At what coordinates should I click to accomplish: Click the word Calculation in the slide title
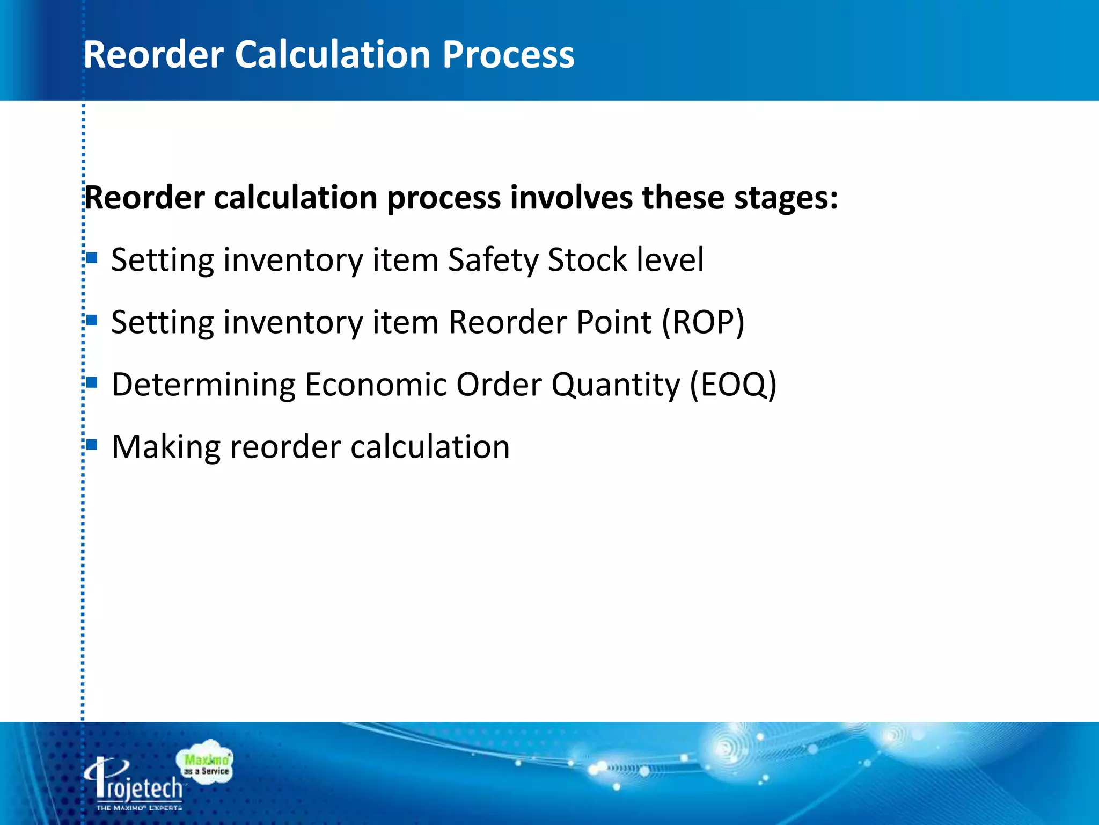[x=333, y=55]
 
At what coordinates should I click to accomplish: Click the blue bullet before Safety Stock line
[x=92, y=258]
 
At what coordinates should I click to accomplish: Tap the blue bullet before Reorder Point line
[x=92, y=321]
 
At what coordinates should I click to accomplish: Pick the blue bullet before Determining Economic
[x=92, y=383]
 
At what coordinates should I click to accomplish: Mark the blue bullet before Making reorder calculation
[x=92, y=445]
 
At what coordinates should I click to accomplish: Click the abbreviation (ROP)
[x=703, y=322]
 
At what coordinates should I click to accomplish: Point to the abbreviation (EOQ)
[x=733, y=385]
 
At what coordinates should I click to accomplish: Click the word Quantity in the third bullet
[x=616, y=385]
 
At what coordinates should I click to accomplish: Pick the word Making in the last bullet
[x=166, y=447]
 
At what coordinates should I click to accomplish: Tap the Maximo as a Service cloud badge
[x=206, y=763]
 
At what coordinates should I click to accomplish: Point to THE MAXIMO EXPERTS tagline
[x=139, y=807]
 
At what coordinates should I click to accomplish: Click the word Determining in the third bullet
[x=203, y=385]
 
